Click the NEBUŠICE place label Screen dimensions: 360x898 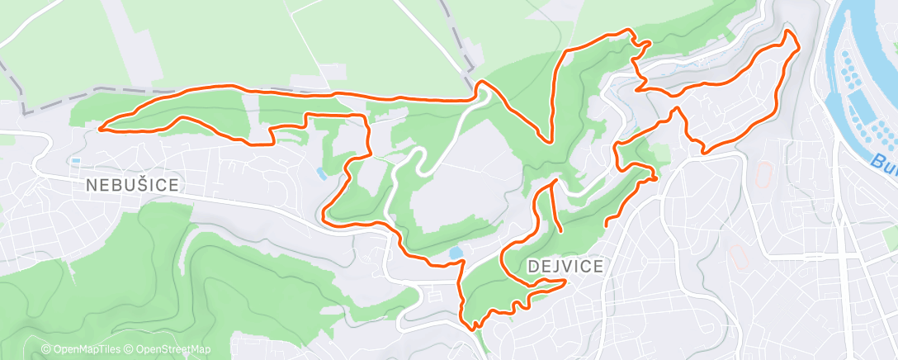132,186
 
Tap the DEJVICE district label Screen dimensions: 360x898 565,266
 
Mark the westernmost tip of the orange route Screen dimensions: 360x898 100,128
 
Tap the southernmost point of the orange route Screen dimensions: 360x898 474,329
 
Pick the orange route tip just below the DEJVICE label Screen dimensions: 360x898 565,282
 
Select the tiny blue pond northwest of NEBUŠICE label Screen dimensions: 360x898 76,160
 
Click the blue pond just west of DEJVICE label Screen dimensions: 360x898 455,252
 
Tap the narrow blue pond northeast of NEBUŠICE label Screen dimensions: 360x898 319,173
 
